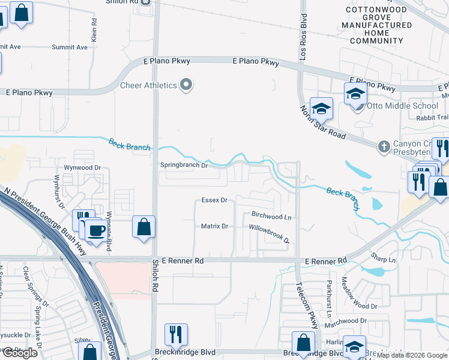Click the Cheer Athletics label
[148, 85]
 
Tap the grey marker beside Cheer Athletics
[186, 85]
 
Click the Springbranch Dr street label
[183, 165]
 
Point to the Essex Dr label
[214, 200]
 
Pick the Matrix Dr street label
[214, 226]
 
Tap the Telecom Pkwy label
[307, 305]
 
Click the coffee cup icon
[95, 230]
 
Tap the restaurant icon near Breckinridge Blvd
[176, 334]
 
